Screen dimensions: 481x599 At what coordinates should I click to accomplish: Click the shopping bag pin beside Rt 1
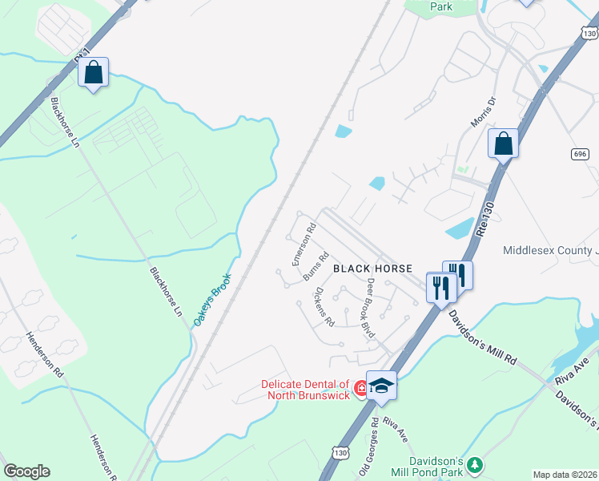coord(94,73)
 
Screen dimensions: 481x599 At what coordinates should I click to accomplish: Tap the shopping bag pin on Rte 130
coord(503,144)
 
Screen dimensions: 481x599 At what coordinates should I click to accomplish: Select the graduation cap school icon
coord(381,385)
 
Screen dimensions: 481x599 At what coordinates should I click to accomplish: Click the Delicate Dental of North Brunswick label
coord(305,388)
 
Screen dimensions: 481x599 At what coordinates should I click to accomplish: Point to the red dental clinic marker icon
coord(362,389)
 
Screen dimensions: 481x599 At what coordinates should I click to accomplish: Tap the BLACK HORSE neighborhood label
coord(372,269)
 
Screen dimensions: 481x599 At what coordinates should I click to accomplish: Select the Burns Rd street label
coord(316,268)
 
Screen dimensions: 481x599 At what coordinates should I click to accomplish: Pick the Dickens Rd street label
coord(324,307)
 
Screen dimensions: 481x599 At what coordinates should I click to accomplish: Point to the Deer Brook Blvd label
coord(368,308)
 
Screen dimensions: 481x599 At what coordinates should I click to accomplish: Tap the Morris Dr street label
coord(485,111)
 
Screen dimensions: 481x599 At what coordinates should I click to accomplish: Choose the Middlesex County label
coord(550,250)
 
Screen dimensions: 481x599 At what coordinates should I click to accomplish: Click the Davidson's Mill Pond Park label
coord(436,468)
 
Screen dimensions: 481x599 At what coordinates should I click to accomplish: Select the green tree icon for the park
coord(475,465)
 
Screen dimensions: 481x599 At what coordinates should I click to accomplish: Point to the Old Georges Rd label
coord(374,436)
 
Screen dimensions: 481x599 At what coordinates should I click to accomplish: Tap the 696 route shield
coord(581,153)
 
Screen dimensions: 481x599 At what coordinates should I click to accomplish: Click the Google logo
coord(26,471)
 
